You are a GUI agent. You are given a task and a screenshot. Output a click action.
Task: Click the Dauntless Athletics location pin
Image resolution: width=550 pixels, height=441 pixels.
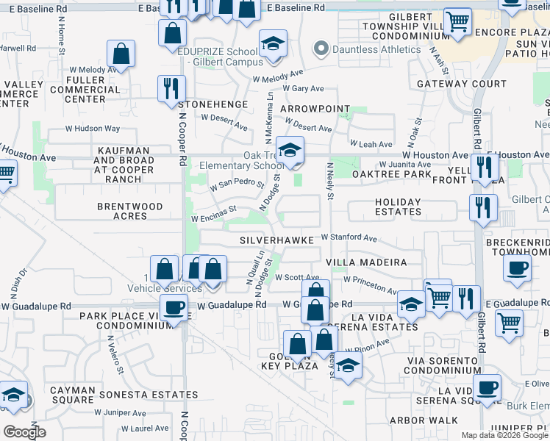[x=321, y=50]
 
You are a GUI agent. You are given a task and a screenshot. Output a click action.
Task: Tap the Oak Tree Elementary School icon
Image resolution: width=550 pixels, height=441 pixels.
[x=290, y=151]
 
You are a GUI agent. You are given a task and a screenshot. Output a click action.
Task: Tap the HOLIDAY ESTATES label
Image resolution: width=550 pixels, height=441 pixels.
[x=398, y=207]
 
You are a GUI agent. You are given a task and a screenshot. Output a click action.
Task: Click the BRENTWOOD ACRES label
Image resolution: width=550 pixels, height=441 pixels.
[x=129, y=212]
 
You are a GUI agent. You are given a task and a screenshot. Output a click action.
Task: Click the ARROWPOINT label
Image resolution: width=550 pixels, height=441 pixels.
[x=315, y=108]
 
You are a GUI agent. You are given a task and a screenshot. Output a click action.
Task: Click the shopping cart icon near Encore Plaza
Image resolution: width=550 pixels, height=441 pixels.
[x=457, y=22]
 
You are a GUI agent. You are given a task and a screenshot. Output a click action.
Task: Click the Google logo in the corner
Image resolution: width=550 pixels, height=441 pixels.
[x=24, y=432]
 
